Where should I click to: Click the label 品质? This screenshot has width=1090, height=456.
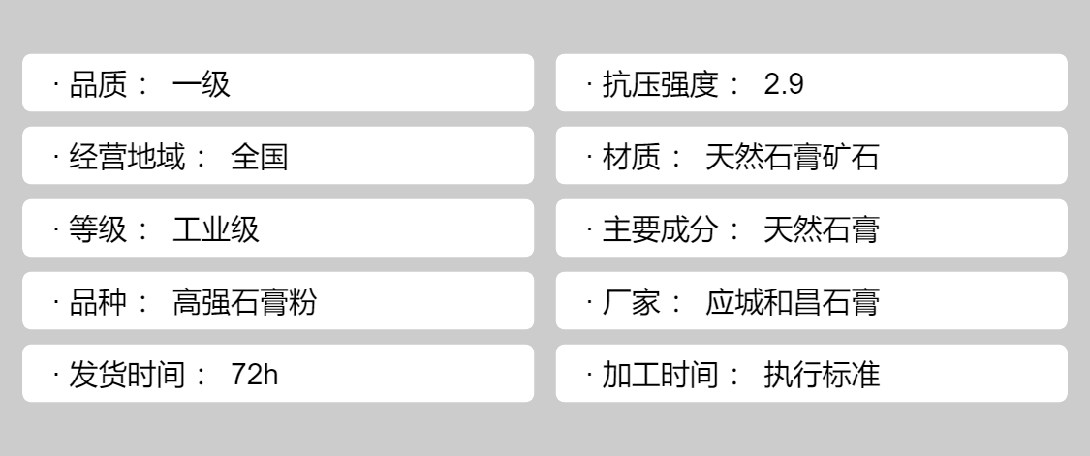[98, 85]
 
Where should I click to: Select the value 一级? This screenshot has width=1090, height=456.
[201, 85]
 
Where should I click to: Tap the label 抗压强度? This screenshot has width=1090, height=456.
[660, 85]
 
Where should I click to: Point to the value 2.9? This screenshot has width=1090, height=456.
[784, 85]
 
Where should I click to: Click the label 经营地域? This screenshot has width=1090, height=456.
[127, 157]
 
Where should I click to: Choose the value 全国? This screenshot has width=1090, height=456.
[260, 157]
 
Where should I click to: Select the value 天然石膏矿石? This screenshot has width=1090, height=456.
[792, 157]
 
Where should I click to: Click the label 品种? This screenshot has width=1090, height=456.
[98, 302]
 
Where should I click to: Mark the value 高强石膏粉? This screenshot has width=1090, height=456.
[245, 302]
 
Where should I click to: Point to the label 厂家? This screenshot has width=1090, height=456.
[631, 302]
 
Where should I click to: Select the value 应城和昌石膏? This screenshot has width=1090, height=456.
[792, 302]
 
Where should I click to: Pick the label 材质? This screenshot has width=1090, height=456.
[631, 157]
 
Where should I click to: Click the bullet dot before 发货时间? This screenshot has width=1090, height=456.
[55, 375]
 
